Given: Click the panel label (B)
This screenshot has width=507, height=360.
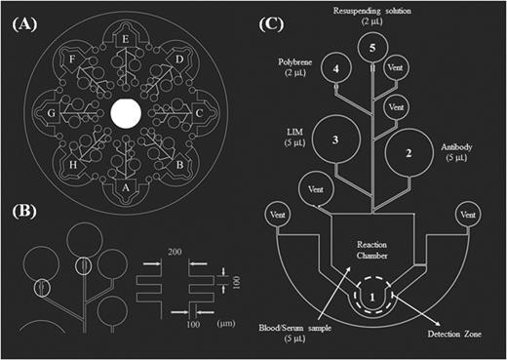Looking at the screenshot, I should click(x=24, y=212).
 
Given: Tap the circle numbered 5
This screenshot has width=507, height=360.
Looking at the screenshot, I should click(x=369, y=48).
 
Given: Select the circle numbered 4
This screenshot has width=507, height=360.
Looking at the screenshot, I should click(x=336, y=71).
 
